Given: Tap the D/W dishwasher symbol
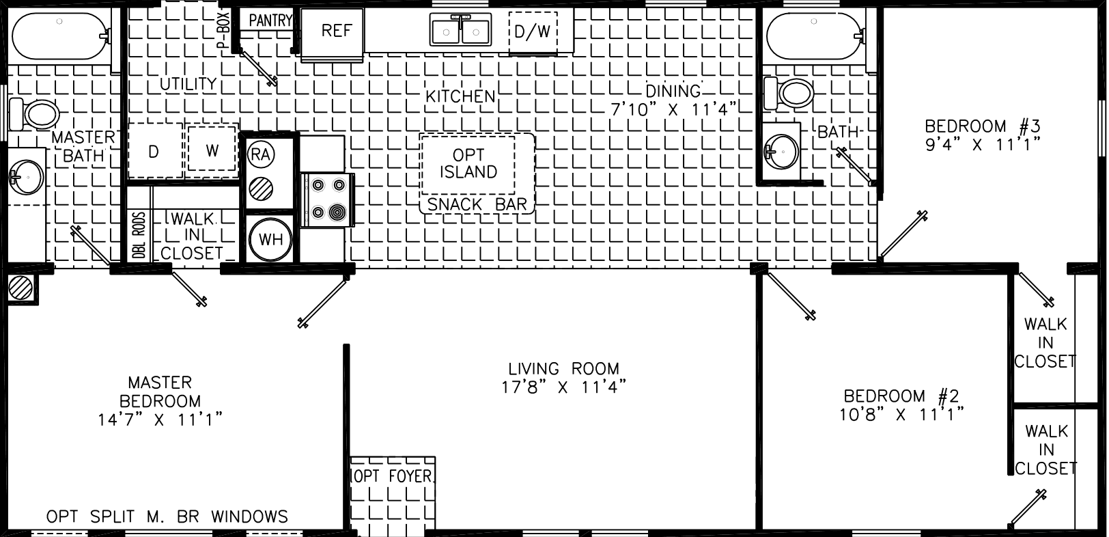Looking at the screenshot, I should click(532, 32).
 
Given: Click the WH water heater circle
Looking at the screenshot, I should click(271, 240).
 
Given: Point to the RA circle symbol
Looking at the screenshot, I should click(260, 154).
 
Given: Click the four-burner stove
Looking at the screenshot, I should click(328, 199).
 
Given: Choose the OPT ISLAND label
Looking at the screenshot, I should click(468, 164).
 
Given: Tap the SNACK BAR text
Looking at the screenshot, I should click(477, 205).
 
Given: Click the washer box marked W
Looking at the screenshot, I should click(212, 150).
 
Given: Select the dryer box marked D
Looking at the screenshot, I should click(154, 151).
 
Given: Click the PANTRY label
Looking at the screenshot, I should click(270, 20).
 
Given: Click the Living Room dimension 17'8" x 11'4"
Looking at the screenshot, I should click(563, 387).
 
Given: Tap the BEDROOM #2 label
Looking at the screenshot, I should click(901, 396).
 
